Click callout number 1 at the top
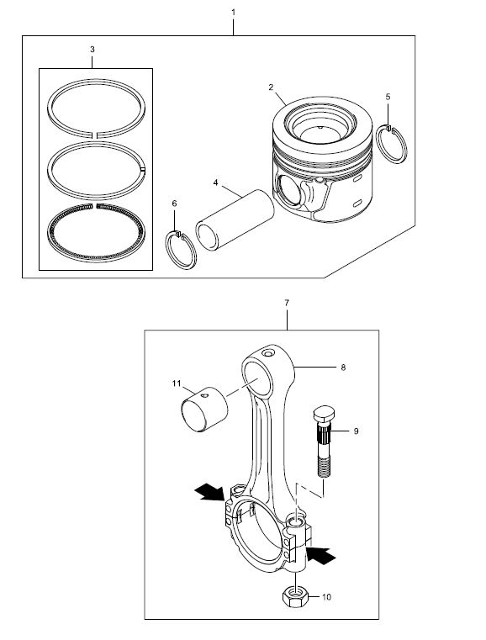(x=233, y=13)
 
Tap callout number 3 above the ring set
(x=92, y=50)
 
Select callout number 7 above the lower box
(x=287, y=303)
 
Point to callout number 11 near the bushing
(x=177, y=383)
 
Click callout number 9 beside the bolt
(x=356, y=431)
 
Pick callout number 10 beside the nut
(x=326, y=597)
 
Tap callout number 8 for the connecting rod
(x=343, y=368)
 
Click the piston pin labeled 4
(x=235, y=220)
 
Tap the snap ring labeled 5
(x=393, y=144)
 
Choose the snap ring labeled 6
(x=181, y=250)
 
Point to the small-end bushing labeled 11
(x=204, y=409)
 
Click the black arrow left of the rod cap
(x=209, y=493)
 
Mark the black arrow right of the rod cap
(x=321, y=555)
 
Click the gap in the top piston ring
(x=95, y=133)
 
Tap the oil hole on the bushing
(x=205, y=395)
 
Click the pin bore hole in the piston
(x=288, y=189)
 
